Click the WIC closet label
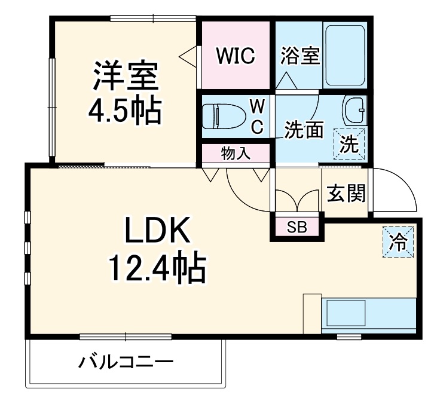point(236,56)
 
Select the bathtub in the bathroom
point(345,55)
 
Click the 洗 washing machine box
point(349,143)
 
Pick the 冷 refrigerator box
point(397,242)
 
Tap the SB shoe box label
point(297,227)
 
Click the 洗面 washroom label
point(304,130)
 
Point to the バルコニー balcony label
point(126,362)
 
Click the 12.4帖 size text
point(157,268)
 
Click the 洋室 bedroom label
point(125,76)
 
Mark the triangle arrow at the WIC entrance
point(188,56)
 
